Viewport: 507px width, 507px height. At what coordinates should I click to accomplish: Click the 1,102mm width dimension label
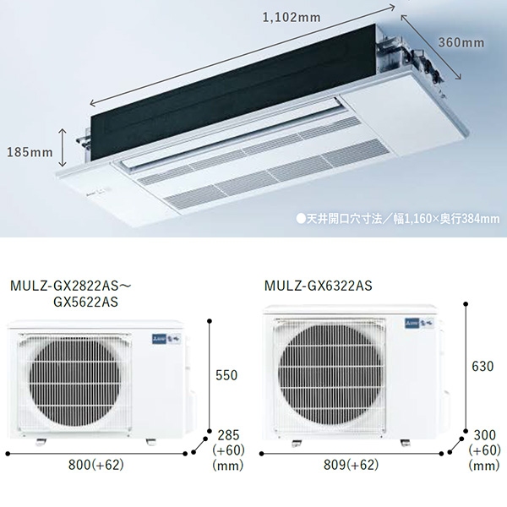292,17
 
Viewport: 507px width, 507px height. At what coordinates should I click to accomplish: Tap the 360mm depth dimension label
461,42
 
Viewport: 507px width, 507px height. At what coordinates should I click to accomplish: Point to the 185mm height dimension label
30,152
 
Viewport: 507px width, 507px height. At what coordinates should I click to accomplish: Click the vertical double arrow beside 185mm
63,147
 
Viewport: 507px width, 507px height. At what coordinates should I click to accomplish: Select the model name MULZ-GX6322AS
319,286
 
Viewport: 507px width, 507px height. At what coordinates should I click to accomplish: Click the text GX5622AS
85,302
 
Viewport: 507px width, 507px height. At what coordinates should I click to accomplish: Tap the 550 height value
226,375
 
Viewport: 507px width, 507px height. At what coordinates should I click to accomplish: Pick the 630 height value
482,367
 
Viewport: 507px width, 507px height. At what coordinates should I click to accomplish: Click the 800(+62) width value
96,465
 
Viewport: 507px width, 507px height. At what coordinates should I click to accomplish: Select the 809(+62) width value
352,465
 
